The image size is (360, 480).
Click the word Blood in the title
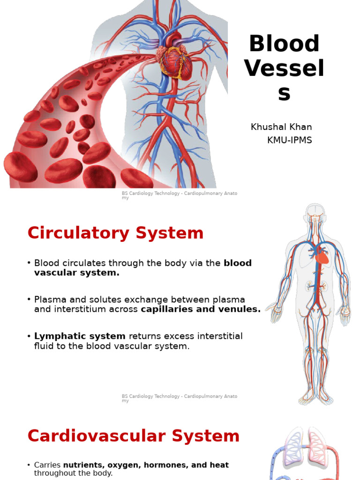point(284,44)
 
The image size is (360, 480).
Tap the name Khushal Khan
point(281,127)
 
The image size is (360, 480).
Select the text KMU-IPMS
point(289,140)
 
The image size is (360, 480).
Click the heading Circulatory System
point(115,233)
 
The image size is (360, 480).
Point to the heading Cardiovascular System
point(134,436)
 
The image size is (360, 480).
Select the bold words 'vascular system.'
point(77,273)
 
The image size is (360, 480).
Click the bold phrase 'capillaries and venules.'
point(201,309)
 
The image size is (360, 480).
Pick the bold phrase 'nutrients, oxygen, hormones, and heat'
point(146,465)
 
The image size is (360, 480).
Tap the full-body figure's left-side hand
point(273,313)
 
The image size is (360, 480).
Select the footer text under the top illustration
point(180,195)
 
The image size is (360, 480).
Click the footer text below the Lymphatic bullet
point(180,398)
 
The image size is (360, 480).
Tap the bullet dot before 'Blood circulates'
point(29,263)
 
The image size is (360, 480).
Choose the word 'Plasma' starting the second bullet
point(48,300)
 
